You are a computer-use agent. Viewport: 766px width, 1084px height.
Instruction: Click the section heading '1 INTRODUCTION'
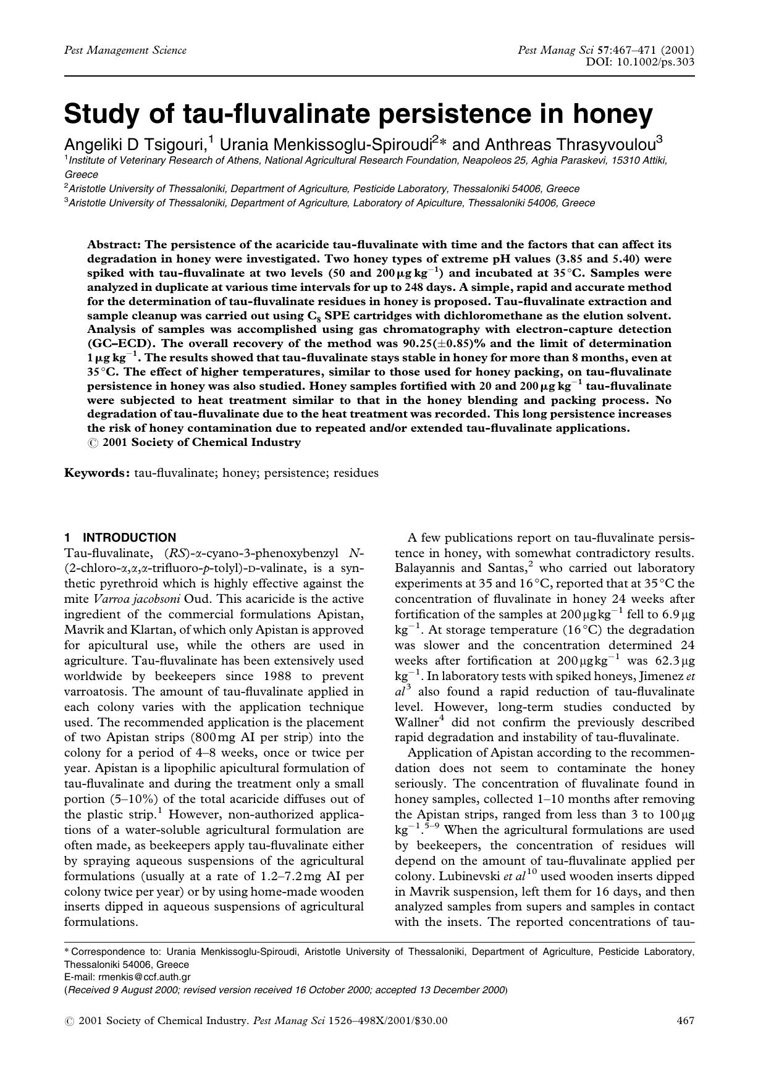[120, 537]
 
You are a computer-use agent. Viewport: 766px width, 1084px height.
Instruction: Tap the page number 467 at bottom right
[686, 1020]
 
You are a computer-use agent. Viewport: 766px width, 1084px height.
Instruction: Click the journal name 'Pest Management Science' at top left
[125, 51]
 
